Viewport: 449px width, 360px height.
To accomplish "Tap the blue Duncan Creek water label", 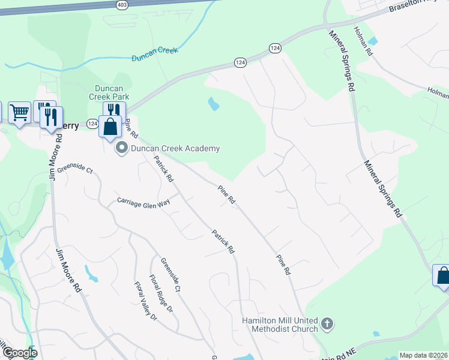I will pyautogui.click(x=155, y=54).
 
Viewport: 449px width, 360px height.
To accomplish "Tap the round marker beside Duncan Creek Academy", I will pyautogui.click(x=122, y=148).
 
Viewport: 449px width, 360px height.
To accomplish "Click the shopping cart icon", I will pyautogui.click(x=19, y=112).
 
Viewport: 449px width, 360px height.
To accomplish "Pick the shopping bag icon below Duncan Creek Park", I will pyautogui.click(x=110, y=127).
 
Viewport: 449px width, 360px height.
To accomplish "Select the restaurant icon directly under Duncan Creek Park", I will pyautogui.click(x=113, y=111).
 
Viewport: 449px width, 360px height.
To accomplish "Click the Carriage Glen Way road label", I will pyautogui.click(x=144, y=203).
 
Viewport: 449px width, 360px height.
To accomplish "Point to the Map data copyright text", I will pyautogui.click(x=423, y=355).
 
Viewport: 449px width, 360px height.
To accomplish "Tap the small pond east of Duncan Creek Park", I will pyautogui.click(x=213, y=104).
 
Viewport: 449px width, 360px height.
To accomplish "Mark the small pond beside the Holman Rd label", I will pyautogui.click(x=373, y=41).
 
